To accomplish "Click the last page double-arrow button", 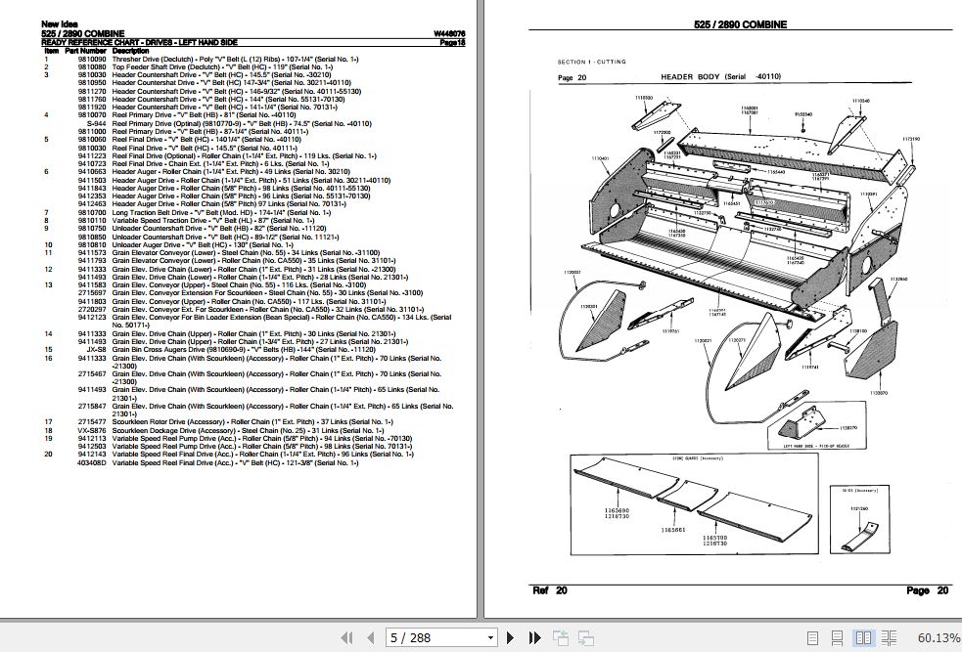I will point(532,638).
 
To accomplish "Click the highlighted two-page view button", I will point(862,638).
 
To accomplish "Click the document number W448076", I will point(449,34).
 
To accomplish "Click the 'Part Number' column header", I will point(85,51).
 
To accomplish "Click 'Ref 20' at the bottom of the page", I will point(549,590).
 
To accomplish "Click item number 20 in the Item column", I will point(46,454).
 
